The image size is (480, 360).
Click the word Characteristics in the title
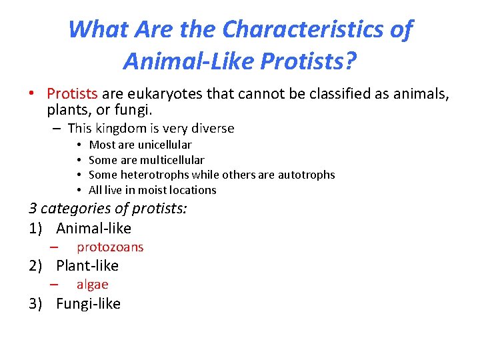coord(312,29)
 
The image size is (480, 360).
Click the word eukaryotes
coord(161,94)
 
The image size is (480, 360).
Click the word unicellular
coord(165,145)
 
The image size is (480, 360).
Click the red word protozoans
coord(110,247)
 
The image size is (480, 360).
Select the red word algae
coord(92,284)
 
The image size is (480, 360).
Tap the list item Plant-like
coord(87,265)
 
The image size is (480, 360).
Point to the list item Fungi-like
coord(88,303)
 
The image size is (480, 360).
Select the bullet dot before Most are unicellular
coord(78,145)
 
